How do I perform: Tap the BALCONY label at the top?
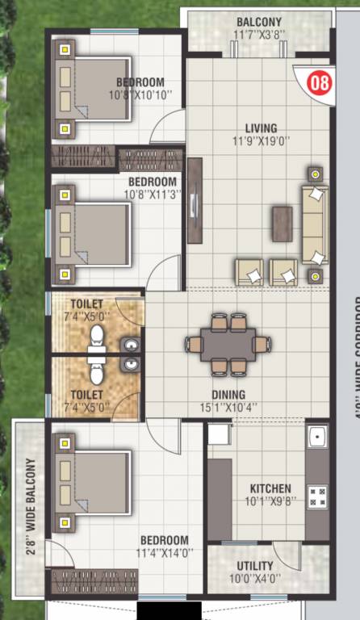click(x=259, y=22)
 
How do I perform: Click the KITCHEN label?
click(x=270, y=489)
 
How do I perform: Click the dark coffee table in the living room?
click(x=282, y=220)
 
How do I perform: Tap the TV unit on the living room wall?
click(x=195, y=201)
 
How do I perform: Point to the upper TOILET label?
click(x=81, y=304)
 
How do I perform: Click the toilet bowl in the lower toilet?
click(x=97, y=373)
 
